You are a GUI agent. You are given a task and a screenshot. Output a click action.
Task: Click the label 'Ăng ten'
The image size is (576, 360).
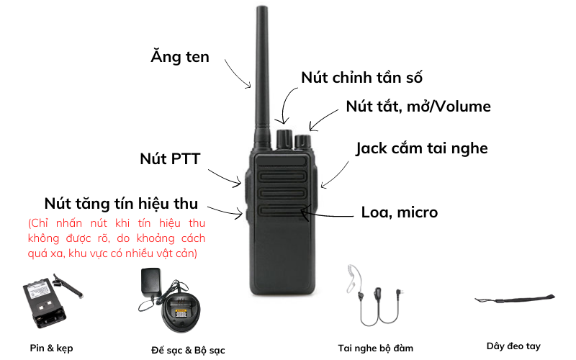[x=179, y=57]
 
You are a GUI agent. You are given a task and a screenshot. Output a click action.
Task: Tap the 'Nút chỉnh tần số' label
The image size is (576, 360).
[x=361, y=78]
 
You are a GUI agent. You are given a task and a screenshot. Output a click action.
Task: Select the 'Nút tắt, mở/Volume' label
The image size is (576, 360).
[x=418, y=107]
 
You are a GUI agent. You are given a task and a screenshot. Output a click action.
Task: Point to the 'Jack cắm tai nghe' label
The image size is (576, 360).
[x=422, y=149]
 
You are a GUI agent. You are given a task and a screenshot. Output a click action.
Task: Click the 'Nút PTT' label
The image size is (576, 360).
[x=170, y=158]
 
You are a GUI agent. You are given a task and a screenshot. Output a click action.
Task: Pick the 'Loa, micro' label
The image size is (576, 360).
[x=400, y=212]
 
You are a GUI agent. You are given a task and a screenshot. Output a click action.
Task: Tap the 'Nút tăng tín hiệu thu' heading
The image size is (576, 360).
[x=121, y=204]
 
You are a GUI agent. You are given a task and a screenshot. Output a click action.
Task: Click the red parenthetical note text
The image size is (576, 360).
[x=117, y=238]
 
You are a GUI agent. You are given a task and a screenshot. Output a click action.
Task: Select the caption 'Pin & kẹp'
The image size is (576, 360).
[x=51, y=348]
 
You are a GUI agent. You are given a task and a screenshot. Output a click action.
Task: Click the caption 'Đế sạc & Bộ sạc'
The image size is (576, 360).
[x=188, y=350]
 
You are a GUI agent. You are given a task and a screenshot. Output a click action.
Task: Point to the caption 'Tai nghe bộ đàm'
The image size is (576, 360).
[x=375, y=348]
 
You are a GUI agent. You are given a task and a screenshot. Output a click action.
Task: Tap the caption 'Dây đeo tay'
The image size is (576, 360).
[x=513, y=346]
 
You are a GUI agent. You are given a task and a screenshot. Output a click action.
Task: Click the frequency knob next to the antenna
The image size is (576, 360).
[x=284, y=138]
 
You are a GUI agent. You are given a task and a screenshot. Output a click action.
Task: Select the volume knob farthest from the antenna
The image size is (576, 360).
[x=302, y=141]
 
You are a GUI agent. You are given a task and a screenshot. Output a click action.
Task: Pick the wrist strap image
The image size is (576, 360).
[x=515, y=298]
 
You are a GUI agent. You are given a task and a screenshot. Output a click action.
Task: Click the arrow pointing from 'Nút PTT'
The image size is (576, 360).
[x=225, y=178]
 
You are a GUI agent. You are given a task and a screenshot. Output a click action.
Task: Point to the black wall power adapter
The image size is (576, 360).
[x=151, y=282]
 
